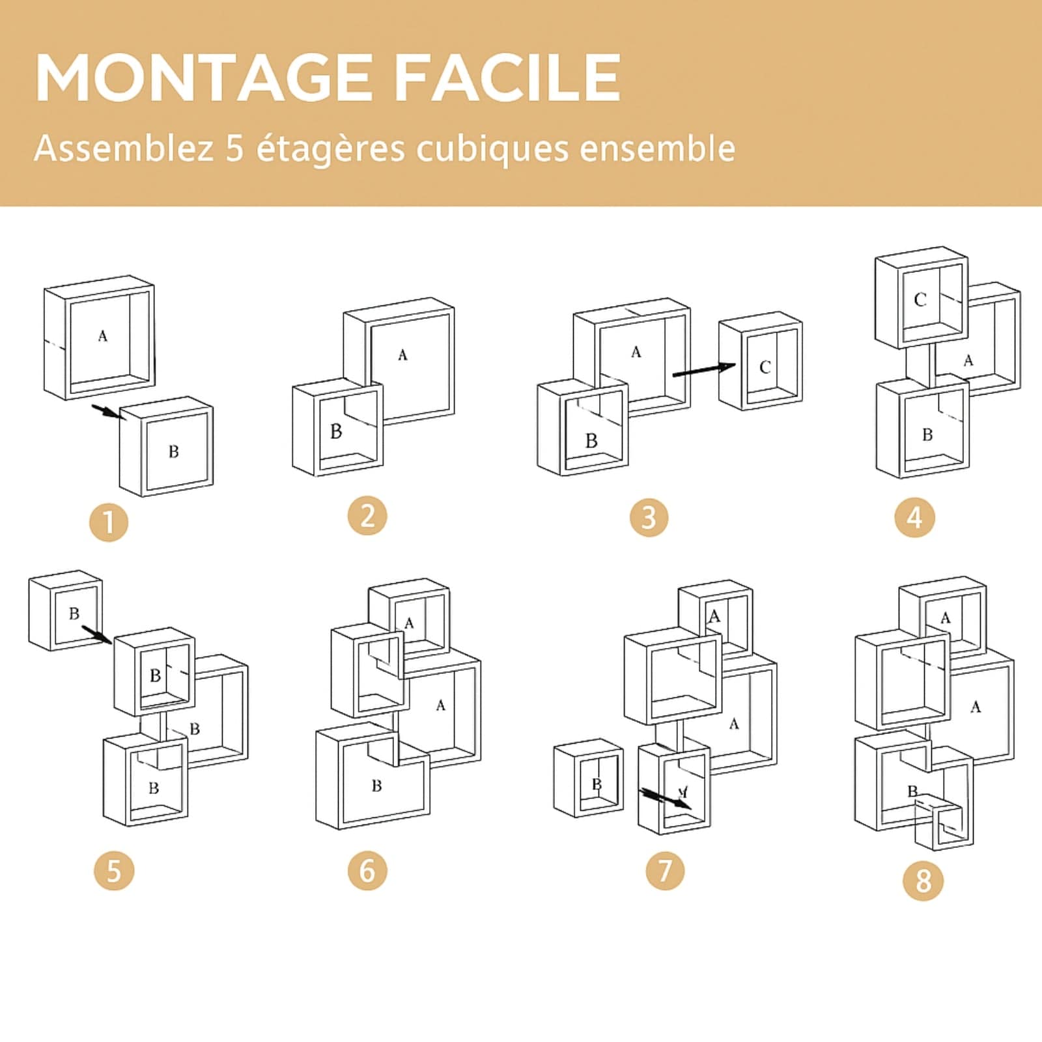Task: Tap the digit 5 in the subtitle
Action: click(235, 148)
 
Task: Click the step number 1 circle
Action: click(109, 522)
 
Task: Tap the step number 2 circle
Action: click(367, 516)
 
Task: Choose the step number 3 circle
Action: click(649, 518)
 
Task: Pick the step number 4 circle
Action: click(915, 518)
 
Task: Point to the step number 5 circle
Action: click(114, 871)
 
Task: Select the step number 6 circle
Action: click(367, 871)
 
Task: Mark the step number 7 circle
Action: click(665, 871)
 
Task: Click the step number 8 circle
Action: click(923, 881)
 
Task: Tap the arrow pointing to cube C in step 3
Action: click(703, 370)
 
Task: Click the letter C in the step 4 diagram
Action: click(920, 300)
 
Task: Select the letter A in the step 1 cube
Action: click(102, 336)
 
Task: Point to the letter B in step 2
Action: click(336, 431)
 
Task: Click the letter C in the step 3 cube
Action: click(765, 367)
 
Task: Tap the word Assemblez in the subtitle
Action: click(124, 149)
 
